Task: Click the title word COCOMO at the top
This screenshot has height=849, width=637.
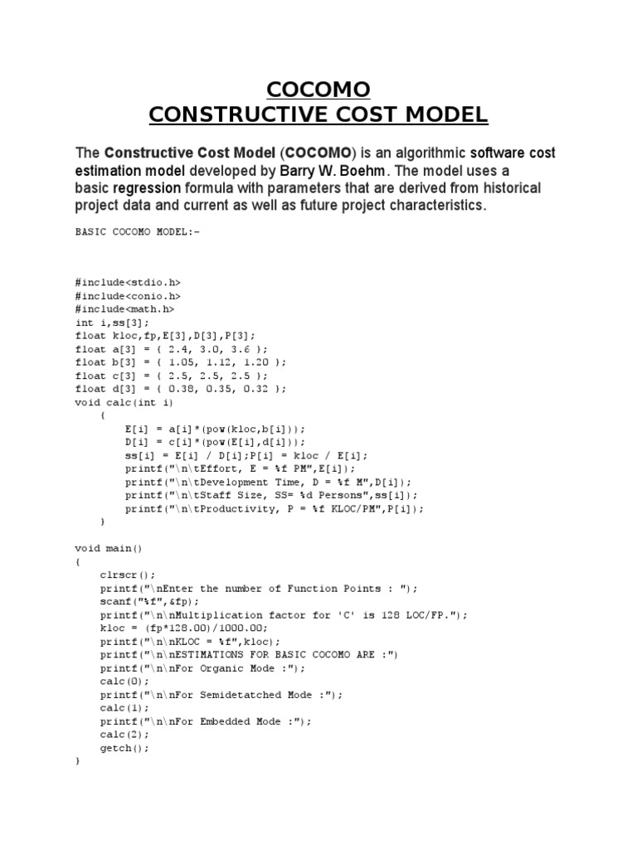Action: [x=318, y=89]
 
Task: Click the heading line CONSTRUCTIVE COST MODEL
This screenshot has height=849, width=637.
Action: [x=318, y=114]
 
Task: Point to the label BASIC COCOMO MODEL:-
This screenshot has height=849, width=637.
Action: [x=138, y=232]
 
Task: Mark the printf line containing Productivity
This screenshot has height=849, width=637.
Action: [x=274, y=508]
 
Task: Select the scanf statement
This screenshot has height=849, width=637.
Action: [x=150, y=601]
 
